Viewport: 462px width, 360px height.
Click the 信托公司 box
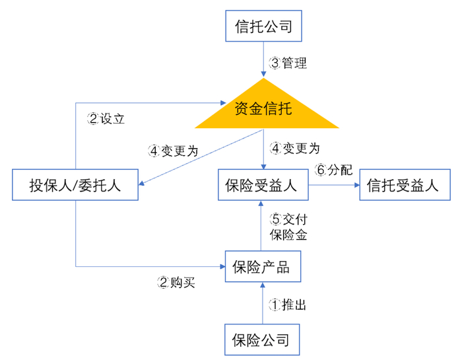coord(263,28)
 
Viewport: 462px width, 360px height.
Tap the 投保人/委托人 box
coord(75,185)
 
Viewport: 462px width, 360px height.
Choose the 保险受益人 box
coord(263,185)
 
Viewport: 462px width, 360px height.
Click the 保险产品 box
coord(263,268)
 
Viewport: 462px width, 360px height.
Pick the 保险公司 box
coord(263,340)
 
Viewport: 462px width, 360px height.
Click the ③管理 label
coord(288,63)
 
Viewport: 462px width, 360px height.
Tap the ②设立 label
coord(106,120)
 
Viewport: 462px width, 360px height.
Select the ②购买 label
coord(176,283)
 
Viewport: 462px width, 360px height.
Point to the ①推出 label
coord(288,305)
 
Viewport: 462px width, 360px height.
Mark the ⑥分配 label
coord(334,170)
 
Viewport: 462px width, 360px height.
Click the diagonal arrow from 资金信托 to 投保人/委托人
coord(198,156)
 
